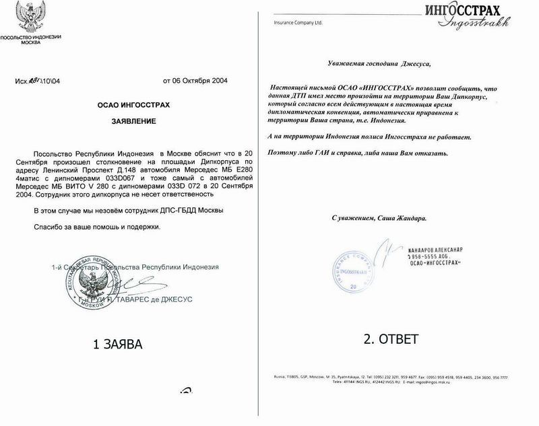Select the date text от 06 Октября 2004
coord(195,81)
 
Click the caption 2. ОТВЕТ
coord(392,339)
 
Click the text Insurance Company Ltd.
coord(299,22)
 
